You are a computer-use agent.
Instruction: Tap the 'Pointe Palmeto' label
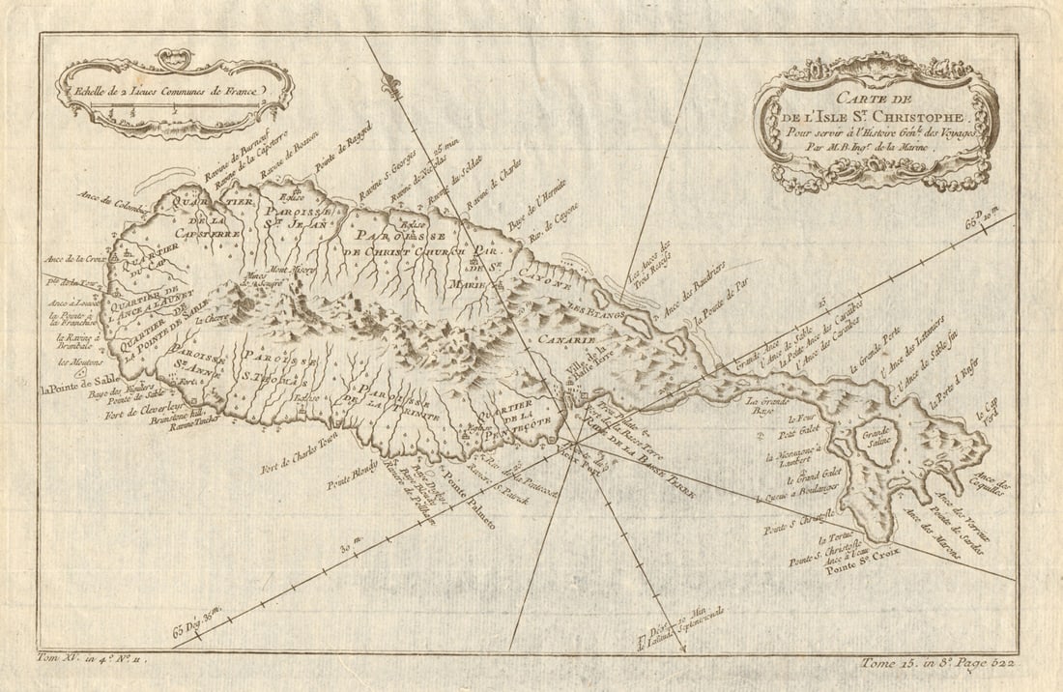[x=468, y=508]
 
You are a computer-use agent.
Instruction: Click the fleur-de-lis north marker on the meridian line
[x=391, y=85]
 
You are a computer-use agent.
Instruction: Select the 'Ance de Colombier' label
[x=111, y=199]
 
